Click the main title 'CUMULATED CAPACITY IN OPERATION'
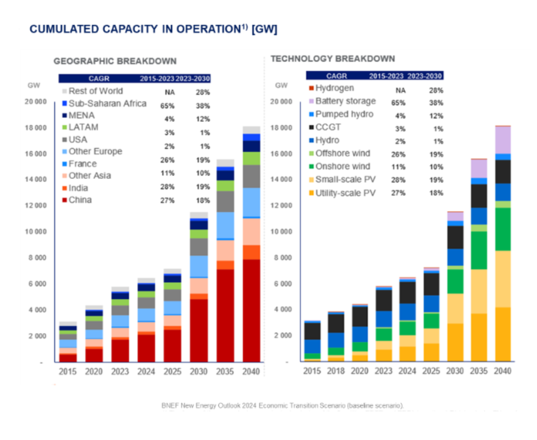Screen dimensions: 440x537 153,29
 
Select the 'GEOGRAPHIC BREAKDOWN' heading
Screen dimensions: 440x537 115,61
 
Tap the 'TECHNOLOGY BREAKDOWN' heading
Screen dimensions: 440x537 332,59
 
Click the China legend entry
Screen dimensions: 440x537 80,200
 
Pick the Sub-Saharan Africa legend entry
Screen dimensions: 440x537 107,103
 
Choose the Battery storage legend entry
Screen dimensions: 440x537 345,101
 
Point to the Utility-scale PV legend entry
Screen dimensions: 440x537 345,192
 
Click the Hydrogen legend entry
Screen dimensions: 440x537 334,88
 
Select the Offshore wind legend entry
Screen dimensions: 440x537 342,153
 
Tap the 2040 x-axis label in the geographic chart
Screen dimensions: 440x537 251,372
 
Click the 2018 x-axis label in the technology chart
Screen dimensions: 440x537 336,371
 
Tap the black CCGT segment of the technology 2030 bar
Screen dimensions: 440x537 455,237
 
